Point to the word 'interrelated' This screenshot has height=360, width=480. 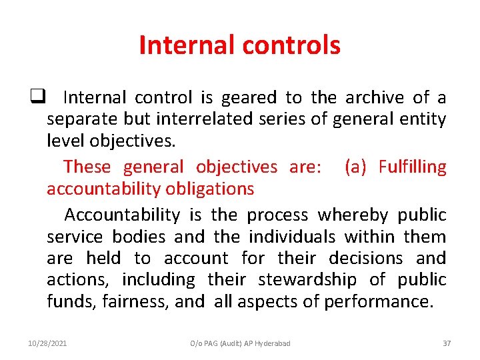point(220,120)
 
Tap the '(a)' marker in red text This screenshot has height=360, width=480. point(355,167)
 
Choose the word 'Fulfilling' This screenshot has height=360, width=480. point(413,167)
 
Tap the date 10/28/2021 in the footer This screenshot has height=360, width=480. point(47,343)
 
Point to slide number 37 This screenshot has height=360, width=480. point(447,343)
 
